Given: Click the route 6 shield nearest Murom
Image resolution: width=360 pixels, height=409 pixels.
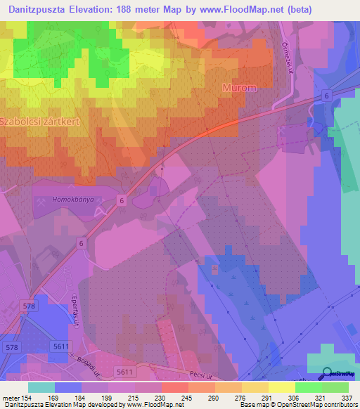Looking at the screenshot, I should coord(327,94).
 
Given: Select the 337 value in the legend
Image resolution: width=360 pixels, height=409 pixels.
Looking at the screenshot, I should coord(347,398).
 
